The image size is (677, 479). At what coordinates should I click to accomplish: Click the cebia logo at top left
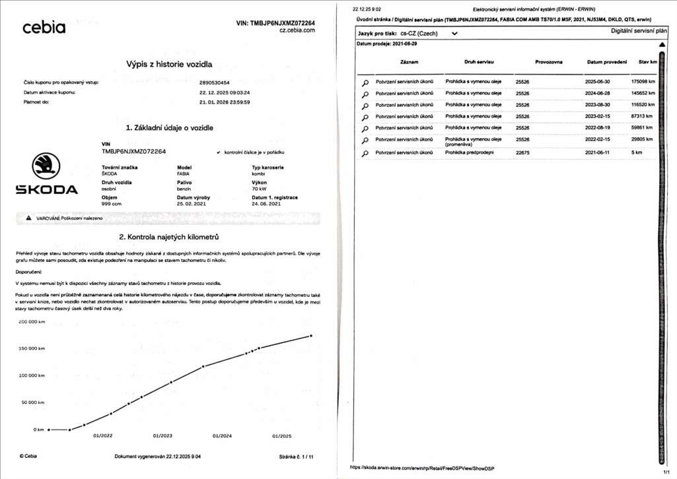click(44, 28)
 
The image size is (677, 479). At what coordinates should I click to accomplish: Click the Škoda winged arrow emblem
click(46, 166)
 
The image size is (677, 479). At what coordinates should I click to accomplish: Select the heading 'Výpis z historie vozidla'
click(169, 64)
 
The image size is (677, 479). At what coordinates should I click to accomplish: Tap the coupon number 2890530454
click(214, 82)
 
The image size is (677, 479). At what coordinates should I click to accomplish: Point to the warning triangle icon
click(28, 218)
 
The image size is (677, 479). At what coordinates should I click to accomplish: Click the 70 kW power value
click(260, 189)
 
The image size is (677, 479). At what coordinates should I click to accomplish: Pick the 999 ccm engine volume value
click(112, 204)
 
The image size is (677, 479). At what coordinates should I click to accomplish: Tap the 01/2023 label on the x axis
click(162, 436)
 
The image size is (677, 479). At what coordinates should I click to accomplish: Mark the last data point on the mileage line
click(311, 335)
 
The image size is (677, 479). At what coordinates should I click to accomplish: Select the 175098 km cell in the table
click(644, 81)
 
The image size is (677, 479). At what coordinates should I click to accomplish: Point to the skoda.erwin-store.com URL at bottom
click(424, 467)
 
